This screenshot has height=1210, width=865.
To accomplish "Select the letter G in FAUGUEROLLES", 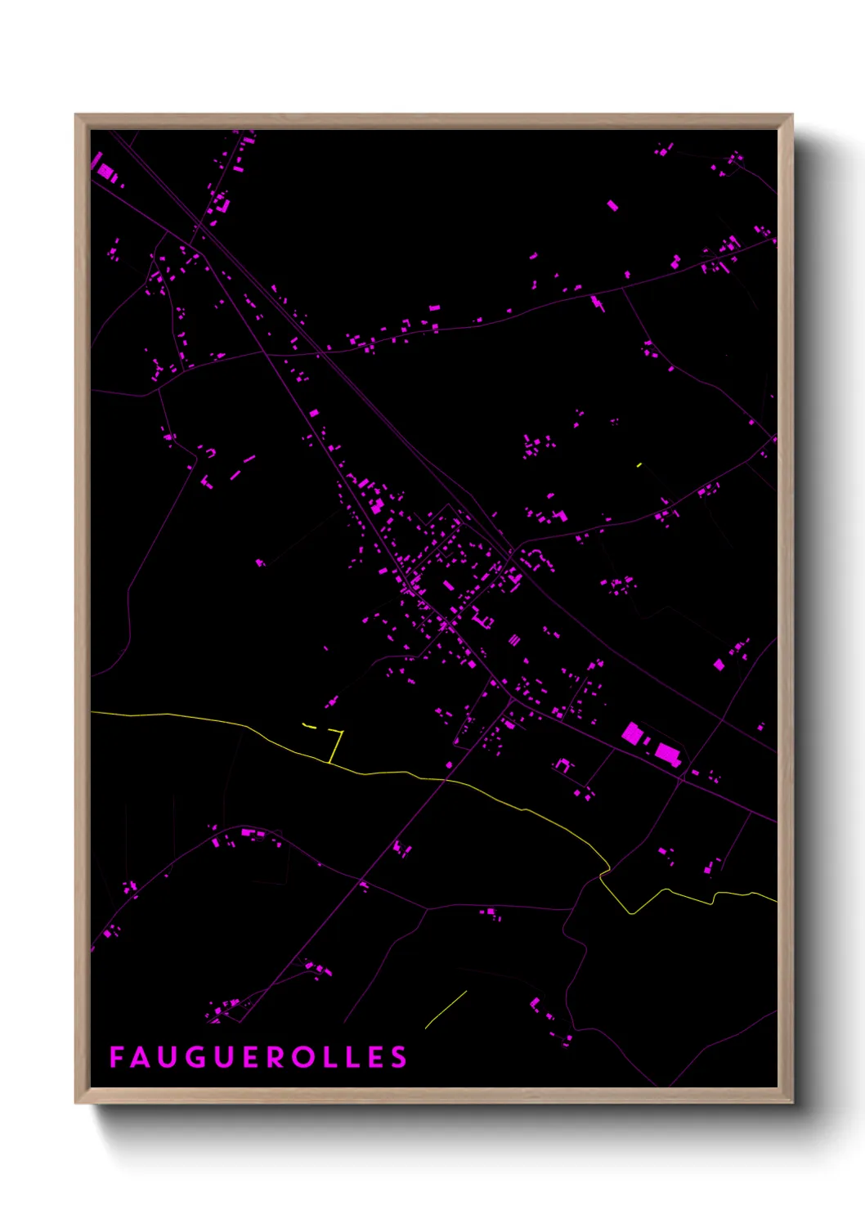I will tap(198, 1057).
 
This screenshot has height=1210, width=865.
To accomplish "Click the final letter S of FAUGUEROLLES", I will tap(398, 1057).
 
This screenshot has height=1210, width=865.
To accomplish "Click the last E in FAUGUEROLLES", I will tap(374, 1057).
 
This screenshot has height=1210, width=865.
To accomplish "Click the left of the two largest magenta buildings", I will tap(631, 733).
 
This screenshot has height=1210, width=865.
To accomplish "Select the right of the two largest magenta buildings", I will tap(668, 753).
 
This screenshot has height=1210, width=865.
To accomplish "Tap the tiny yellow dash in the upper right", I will tap(639, 464).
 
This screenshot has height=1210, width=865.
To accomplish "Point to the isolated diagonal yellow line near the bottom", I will tap(446, 1009).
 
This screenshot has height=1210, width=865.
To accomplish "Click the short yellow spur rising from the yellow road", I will tap(336, 746).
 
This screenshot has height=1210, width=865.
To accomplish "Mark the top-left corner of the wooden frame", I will tap(76, 115).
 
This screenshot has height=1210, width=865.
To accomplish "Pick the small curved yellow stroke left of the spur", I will tap(309, 725).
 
